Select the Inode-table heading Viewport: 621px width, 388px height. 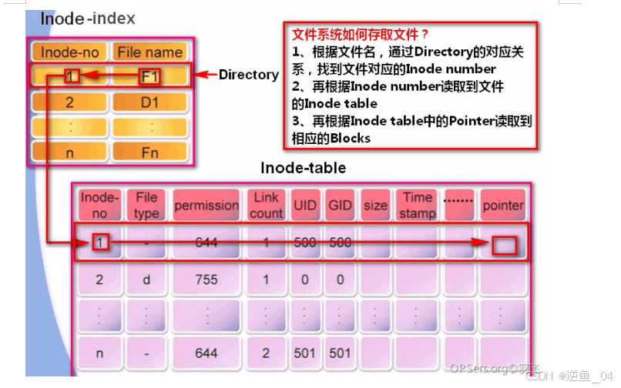(x=303, y=167)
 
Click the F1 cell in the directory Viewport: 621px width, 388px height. (x=149, y=76)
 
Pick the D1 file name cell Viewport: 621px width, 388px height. (x=149, y=102)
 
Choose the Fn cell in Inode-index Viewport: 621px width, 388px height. (x=149, y=152)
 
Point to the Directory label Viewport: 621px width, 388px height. (x=248, y=75)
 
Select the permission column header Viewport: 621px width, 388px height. (x=206, y=206)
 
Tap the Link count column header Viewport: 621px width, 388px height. (x=266, y=206)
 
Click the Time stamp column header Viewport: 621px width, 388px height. (x=418, y=206)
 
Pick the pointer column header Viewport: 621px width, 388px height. (x=502, y=206)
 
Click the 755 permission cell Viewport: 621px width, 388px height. (x=206, y=280)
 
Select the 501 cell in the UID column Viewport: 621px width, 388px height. (x=305, y=353)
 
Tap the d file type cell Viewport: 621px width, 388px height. (x=146, y=280)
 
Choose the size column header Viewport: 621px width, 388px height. (x=375, y=206)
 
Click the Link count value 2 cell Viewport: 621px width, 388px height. (x=266, y=353)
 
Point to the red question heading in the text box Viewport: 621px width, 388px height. (x=361, y=35)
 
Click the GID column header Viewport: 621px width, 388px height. (x=339, y=206)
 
